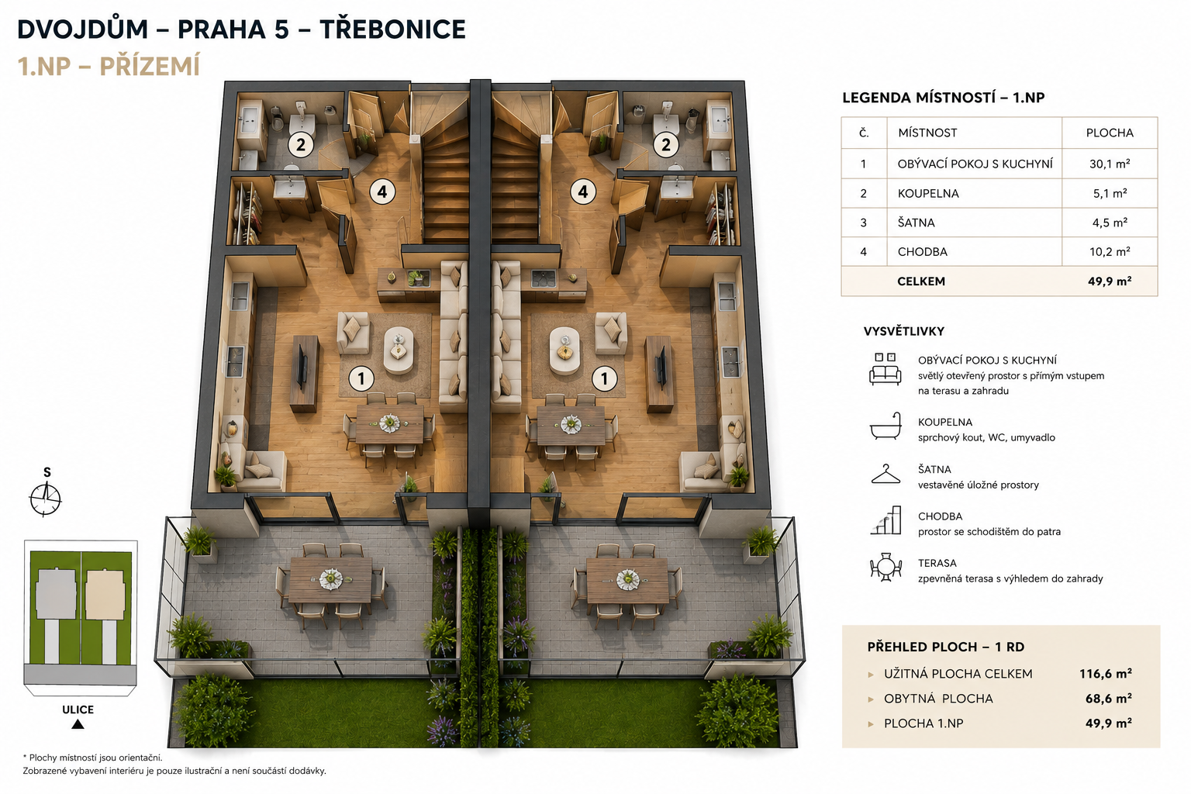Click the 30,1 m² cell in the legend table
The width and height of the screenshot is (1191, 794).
1110,164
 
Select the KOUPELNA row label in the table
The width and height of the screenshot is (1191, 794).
928,194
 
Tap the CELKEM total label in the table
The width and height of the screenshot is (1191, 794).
921,281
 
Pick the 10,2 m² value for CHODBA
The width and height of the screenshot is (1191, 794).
1110,251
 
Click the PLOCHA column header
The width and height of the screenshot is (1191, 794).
1110,133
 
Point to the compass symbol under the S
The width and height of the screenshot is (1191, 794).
45,499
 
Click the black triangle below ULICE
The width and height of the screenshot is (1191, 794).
78,723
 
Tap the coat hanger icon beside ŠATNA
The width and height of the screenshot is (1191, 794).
885,475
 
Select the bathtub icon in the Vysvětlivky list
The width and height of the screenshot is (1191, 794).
885,426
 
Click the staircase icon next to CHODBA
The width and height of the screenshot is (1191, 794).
885,520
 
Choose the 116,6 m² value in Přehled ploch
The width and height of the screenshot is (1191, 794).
1106,674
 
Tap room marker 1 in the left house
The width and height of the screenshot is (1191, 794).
361,378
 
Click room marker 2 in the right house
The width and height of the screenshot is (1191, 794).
666,145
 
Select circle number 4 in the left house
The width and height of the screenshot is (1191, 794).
382,192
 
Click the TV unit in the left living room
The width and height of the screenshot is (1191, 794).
305,374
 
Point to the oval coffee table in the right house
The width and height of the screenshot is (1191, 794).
564,351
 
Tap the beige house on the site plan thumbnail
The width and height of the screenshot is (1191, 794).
105,594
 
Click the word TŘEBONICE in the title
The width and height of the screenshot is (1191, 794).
392,29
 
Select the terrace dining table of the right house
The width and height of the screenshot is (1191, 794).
627,581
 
